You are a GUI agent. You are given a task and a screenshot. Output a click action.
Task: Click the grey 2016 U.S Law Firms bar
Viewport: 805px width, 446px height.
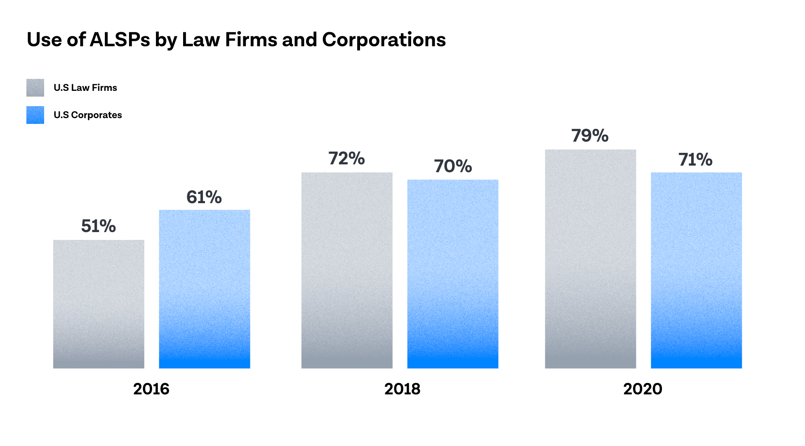pyautogui.click(x=99, y=304)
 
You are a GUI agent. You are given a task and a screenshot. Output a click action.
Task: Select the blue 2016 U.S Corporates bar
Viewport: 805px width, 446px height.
pyautogui.click(x=205, y=289)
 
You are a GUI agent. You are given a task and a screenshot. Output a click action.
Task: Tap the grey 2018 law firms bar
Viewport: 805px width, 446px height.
pyautogui.click(x=347, y=270)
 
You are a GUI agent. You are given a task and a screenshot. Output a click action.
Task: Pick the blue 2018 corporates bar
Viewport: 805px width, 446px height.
pyautogui.click(x=453, y=274)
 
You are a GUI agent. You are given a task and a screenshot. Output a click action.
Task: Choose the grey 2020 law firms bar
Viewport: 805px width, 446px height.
pyautogui.click(x=591, y=259)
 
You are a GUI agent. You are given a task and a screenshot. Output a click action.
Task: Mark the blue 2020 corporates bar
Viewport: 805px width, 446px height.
pyautogui.click(x=696, y=270)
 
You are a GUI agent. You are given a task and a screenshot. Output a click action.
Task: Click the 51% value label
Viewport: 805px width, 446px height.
pyautogui.click(x=99, y=226)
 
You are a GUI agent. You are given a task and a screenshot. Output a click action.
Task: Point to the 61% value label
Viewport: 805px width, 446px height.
pyautogui.click(x=204, y=197)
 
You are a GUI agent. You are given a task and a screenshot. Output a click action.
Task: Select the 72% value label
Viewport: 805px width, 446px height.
pyautogui.click(x=347, y=159)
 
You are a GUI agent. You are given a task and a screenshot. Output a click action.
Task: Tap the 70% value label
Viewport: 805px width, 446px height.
pyautogui.click(x=453, y=166)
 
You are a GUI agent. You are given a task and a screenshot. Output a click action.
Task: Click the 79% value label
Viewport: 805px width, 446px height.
pyautogui.click(x=590, y=136)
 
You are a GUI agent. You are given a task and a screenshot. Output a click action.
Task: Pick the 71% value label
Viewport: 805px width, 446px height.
pyautogui.click(x=696, y=159)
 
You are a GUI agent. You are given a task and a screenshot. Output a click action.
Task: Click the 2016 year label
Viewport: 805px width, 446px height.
pyautogui.click(x=151, y=389)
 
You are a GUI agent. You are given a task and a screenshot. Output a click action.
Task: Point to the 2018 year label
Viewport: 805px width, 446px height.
pyautogui.click(x=402, y=389)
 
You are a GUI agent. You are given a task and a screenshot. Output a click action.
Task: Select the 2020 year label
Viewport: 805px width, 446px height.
pyautogui.click(x=643, y=389)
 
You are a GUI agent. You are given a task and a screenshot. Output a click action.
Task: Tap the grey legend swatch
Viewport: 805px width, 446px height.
pyautogui.click(x=35, y=88)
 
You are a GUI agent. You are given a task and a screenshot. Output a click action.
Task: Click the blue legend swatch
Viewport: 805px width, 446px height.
pyautogui.click(x=35, y=115)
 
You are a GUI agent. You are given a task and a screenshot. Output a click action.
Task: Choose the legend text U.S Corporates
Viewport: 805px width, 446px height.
pyautogui.click(x=88, y=115)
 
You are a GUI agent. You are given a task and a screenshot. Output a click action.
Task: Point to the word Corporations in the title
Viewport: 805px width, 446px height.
pyautogui.click(x=384, y=40)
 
